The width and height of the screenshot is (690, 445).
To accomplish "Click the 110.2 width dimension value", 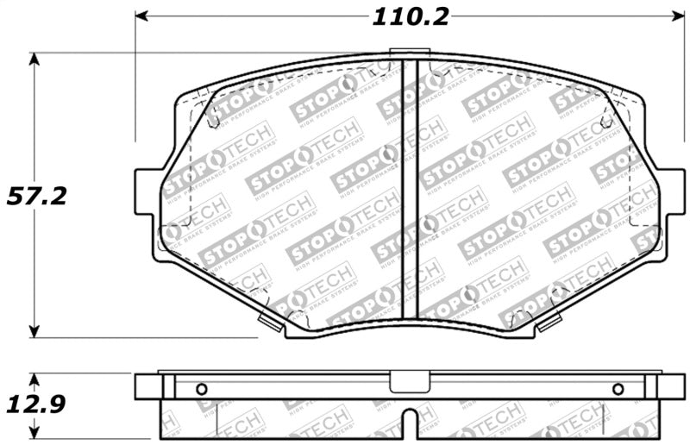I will coord(410,16).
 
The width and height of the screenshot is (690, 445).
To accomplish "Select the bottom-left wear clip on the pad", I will coord(270,323).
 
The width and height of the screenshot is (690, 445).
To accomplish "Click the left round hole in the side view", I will coord(202,388).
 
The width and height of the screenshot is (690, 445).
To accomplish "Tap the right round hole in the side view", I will coord(618,388).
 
